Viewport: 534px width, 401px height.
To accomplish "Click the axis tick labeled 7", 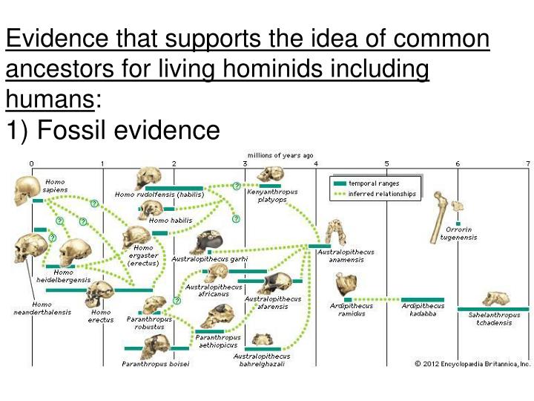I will pyautogui.click(x=527, y=163).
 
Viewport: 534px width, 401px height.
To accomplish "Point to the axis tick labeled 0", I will pyautogui.click(x=31, y=163).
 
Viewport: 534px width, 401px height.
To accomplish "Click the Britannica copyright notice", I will pyautogui.click(x=472, y=363).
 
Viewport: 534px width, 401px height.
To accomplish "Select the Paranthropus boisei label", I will pyautogui.click(x=156, y=363).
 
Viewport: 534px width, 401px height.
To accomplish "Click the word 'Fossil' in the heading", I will pyautogui.click(x=78, y=131).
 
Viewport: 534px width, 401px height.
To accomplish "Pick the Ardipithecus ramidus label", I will pyautogui.click(x=352, y=309).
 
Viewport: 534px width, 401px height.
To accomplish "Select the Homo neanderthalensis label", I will pyautogui.click(x=42, y=308).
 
